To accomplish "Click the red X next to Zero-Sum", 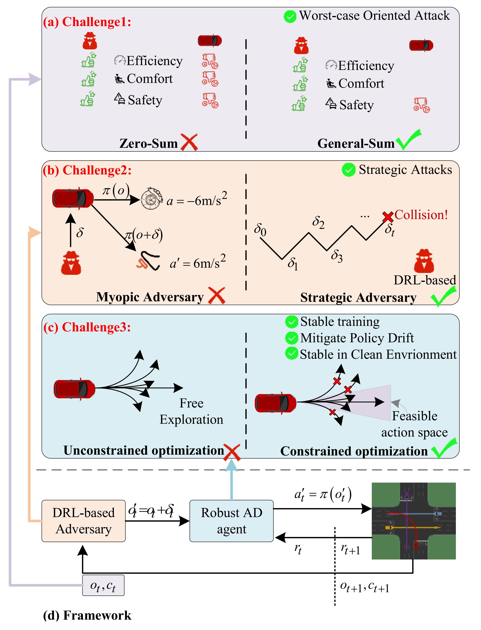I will (x=189, y=142).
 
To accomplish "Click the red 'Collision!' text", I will (x=421, y=215).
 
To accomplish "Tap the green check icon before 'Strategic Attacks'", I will (x=349, y=170).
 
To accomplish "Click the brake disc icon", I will (x=151, y=199).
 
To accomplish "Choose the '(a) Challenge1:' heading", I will (x=87, y=22).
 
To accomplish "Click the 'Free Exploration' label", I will (x=191, y=411).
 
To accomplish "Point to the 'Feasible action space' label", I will (x=414, y=424).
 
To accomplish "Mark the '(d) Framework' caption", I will (x=87, y=615).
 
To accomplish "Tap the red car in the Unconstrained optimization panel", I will (x=74, y=389).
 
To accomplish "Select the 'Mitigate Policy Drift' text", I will (x=357, y=338).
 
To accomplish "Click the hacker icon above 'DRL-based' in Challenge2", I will (x=424, y=261).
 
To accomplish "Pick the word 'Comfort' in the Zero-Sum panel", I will (x=149, y=79).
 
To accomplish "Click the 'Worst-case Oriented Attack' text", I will (x=374, y=16).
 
